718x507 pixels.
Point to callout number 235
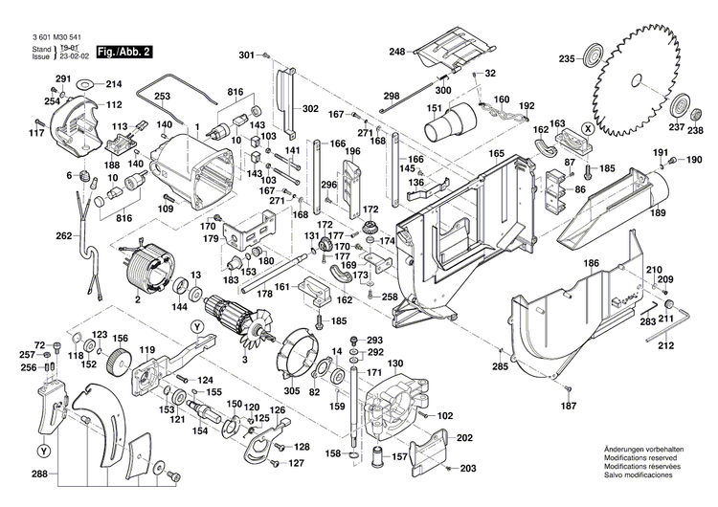pos(567,59)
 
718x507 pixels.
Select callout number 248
pos(397,52)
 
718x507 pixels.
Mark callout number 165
pos(497,154)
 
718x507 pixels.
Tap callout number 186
pos(593,261)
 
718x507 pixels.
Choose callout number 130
pos(395,363)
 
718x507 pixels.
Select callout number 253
pos(162,96)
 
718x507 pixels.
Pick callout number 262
pos(64,235)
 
